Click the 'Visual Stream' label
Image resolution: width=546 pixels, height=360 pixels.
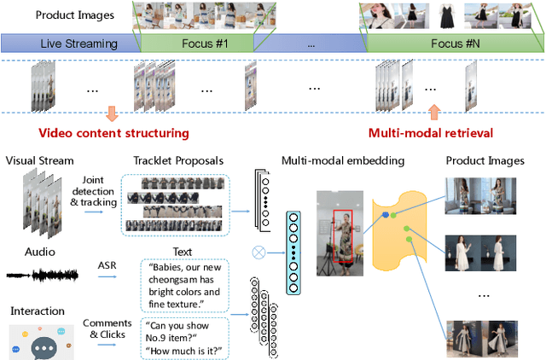pos(40,160)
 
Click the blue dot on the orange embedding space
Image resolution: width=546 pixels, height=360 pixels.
pos(386,215)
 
